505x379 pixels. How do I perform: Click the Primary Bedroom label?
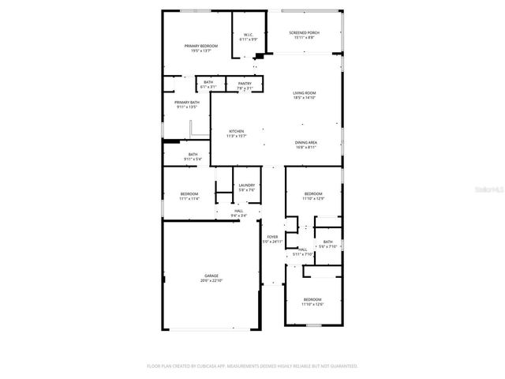coord(201,49)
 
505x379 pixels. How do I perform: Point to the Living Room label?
coord(305,95)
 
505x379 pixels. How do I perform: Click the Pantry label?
coord(245,85)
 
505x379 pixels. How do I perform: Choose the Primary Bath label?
coord(187,104)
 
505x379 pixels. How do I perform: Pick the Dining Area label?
coord(305,144)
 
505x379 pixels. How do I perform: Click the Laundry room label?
coord(247,187)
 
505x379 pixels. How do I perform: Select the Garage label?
coord(211,278)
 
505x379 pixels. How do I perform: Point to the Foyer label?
coord(272,238)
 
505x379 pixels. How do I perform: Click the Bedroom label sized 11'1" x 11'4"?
coord(189,196)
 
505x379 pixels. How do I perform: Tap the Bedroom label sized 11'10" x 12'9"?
coord(313,196)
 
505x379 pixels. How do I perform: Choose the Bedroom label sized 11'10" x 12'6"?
coord(313,302)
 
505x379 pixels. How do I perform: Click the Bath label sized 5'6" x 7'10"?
coord(327,244)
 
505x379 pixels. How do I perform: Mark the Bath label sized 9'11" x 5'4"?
coord(193,156)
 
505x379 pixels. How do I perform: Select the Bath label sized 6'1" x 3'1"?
coord(208,84)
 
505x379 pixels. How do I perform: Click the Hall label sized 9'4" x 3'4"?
coord(239,213)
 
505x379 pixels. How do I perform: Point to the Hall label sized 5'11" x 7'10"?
coord(303,252)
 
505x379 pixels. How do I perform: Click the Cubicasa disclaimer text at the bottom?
coord(252,366)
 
